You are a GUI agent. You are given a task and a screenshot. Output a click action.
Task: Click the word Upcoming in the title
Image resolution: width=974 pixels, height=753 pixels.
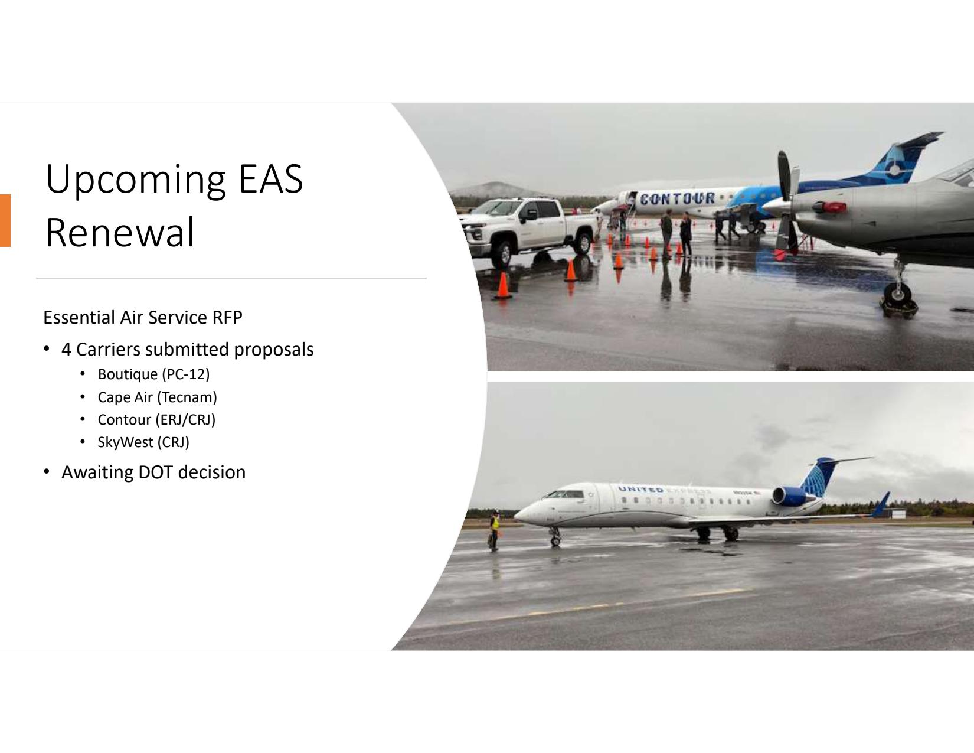pyautogui.click(x=135, y=181)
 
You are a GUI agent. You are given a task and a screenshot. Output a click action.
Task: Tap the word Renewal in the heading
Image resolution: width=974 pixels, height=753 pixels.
pyautogui.click(x=120, y=232)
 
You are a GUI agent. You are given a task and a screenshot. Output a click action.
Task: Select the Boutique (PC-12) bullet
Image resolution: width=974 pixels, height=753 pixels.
pyautogui.click(x=153, y=374)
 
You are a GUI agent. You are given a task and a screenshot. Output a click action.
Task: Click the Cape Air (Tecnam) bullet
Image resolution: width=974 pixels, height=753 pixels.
pyautogui.click(x=158, y=397)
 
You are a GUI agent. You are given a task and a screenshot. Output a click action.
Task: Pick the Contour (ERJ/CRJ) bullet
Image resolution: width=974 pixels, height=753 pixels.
pyautogui.click(x=156, y=419)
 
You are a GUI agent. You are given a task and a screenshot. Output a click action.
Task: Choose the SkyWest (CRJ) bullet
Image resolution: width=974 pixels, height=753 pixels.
pyautogui.click(x=143, y=442)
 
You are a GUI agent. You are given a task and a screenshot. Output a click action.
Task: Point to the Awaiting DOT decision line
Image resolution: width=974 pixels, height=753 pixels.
pyautogui.click(x=153, y=472)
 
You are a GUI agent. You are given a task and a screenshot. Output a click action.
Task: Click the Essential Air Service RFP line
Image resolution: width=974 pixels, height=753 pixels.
pyautogui.click(x=142, y=318)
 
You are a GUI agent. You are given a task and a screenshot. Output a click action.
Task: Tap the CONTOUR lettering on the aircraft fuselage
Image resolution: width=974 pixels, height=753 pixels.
pyautogui.click(x=677, y=198)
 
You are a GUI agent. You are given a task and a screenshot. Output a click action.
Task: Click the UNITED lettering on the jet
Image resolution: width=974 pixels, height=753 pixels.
pyautogui.click(x=640, y=489)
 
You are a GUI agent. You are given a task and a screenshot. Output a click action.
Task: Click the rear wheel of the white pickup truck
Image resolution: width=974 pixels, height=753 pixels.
pyautogui.click(x=583, y=243)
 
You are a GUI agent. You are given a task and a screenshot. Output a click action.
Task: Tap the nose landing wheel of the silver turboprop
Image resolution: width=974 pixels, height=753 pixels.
pyautogui.click(x=897, y=294)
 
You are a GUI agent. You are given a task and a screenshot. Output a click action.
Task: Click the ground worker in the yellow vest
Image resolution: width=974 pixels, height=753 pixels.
pyautogui.click(x=494, y=530)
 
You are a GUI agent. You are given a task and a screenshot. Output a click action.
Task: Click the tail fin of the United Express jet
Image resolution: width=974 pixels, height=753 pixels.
pyautogui.click(x=822, y=476)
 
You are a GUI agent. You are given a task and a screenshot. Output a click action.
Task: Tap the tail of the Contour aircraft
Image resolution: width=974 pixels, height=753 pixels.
pyautogui.click(x=906, y=157)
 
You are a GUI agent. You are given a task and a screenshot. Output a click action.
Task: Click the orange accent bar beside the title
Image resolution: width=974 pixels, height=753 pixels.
pyautogui.click(x=5, y=220)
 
